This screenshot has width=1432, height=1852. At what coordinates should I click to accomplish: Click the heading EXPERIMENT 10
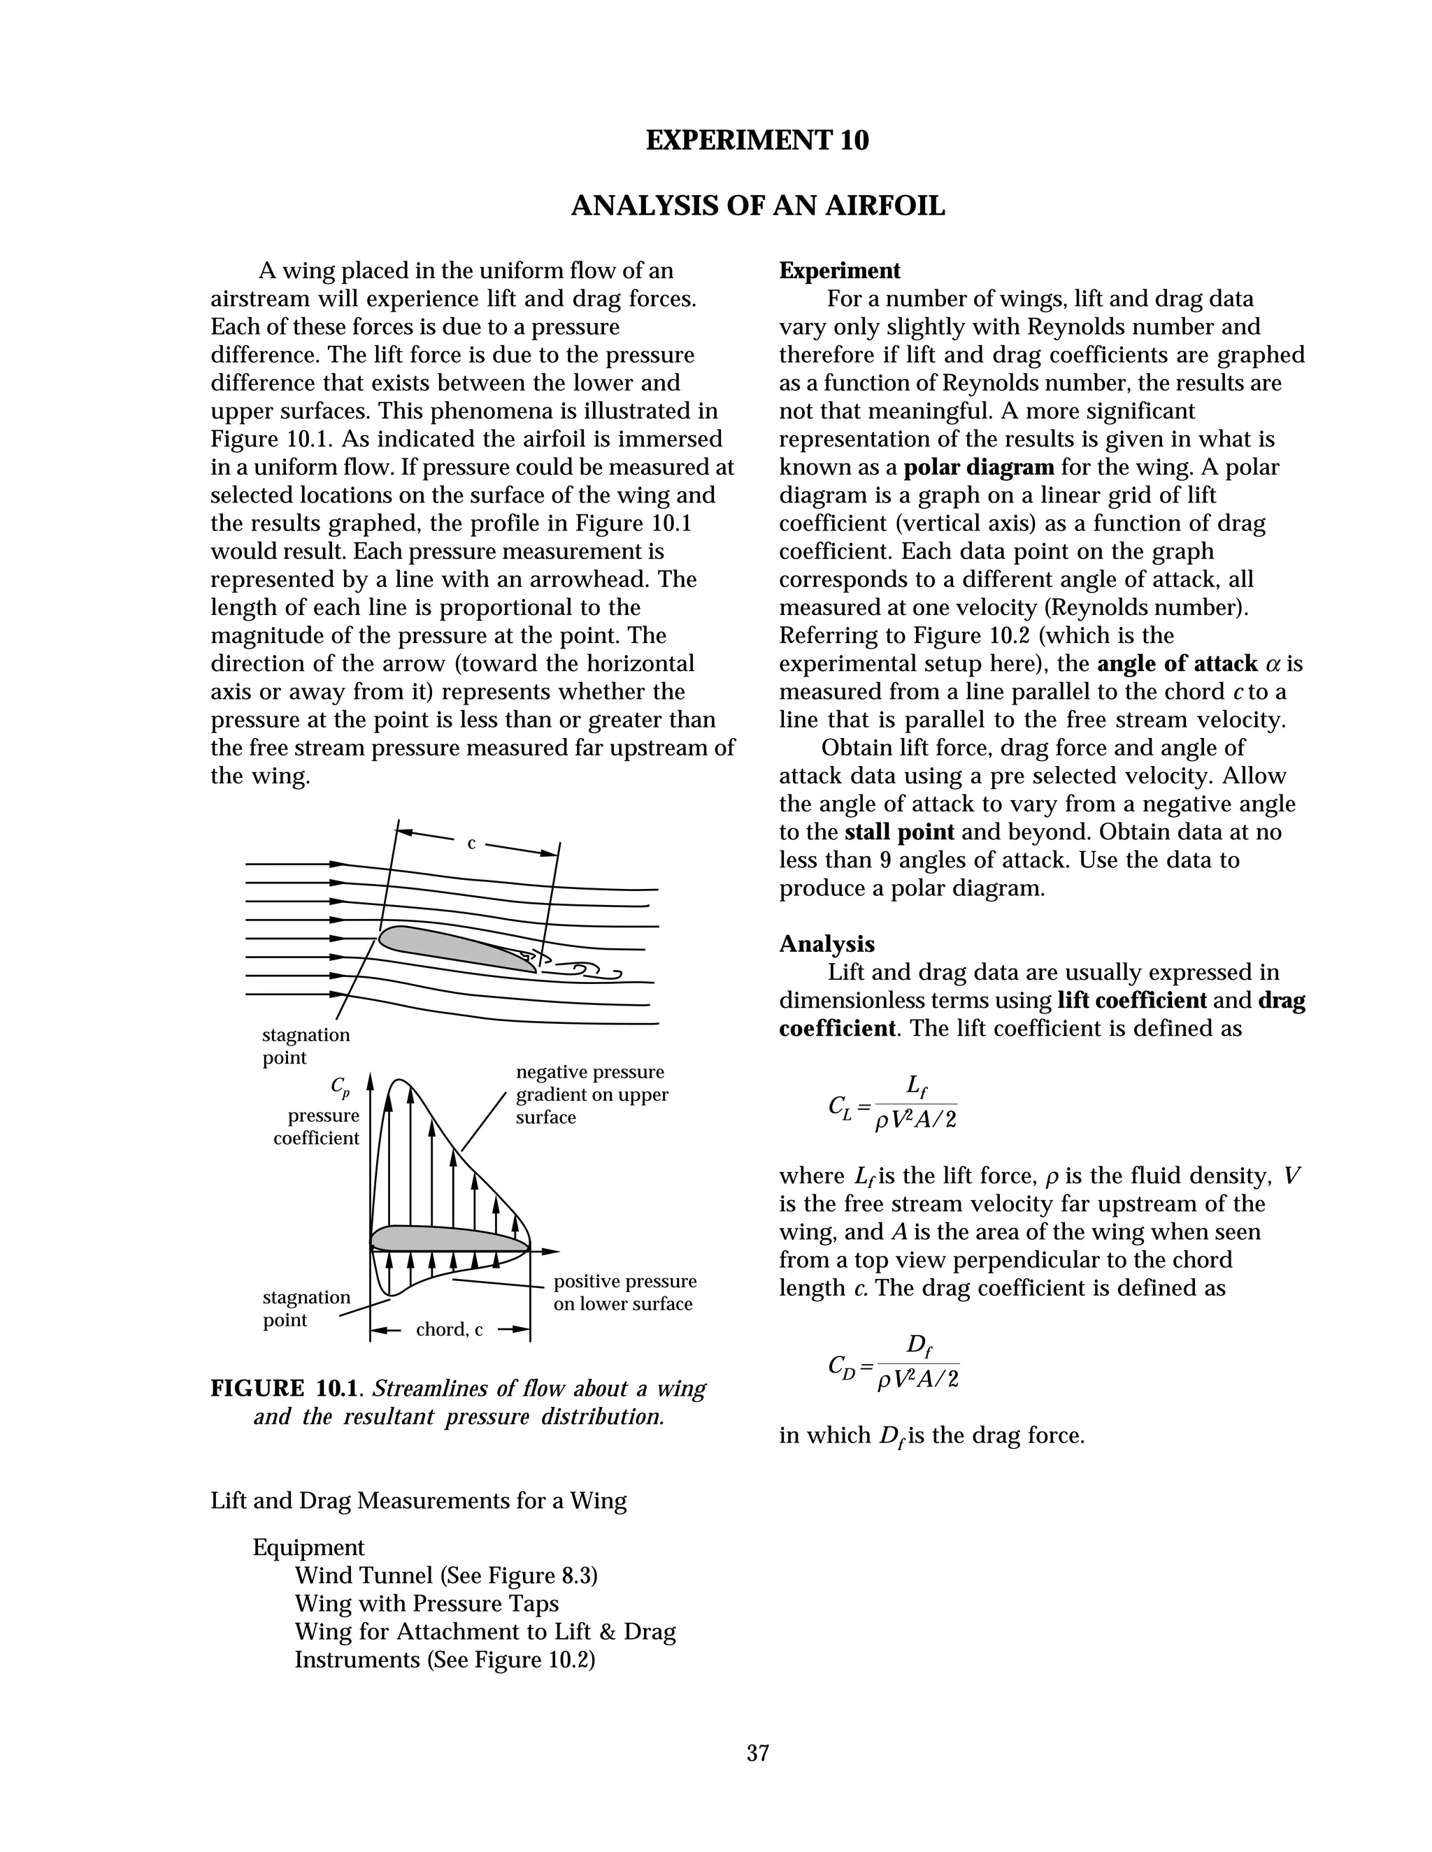[757, 140]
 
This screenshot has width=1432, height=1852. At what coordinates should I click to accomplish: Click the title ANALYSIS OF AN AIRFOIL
[757, 206]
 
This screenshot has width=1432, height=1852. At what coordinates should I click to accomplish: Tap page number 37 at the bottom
[757, 1753]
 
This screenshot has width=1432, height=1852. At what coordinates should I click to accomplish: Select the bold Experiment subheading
[839, 271]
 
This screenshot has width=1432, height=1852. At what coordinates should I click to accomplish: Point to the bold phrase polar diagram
[978, 468]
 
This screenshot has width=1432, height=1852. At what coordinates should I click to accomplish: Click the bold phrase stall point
[899, 832]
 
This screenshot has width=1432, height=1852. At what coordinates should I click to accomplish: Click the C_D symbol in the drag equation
[840, 1366]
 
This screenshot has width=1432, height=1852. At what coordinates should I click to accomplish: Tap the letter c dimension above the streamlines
[472, 844]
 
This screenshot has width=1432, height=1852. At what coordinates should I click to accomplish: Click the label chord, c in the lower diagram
[449, 1329]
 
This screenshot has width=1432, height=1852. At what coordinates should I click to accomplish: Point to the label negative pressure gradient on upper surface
[592, 1094]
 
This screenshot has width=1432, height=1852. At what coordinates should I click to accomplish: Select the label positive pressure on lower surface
[624, 1292]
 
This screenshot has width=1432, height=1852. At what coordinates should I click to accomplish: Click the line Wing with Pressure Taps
[426, 1603]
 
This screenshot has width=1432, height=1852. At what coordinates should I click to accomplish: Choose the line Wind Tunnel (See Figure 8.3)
[445, 1575]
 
